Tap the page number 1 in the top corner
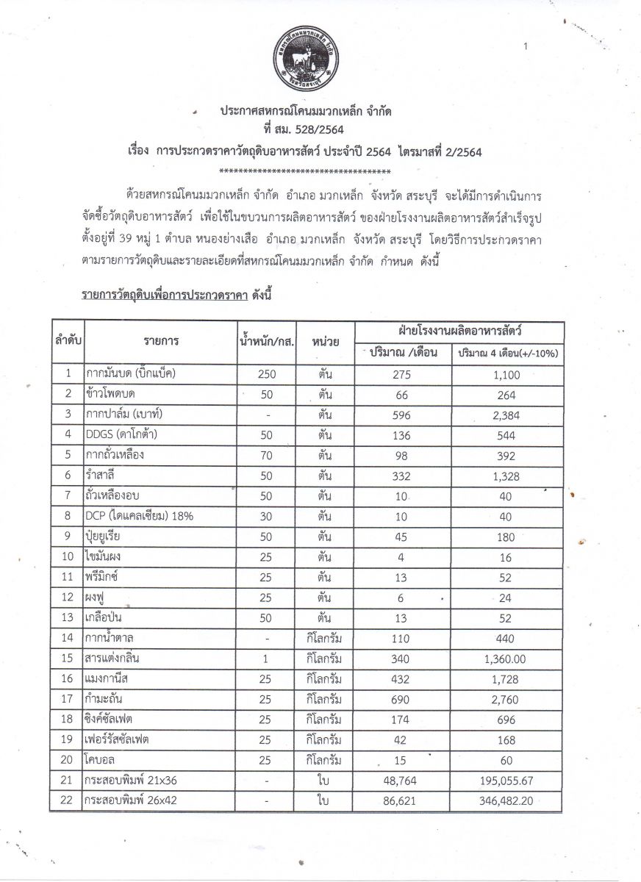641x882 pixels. point(526,46)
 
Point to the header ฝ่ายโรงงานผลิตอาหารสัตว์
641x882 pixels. point(459,330)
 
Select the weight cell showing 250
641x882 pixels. point(266,373)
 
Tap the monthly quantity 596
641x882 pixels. point(402,415)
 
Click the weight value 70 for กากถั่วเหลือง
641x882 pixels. point(266,455)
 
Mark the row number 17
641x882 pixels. point(68,699)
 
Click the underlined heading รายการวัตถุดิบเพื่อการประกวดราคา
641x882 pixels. point(163,295)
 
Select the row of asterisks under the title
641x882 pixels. point(305,171)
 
